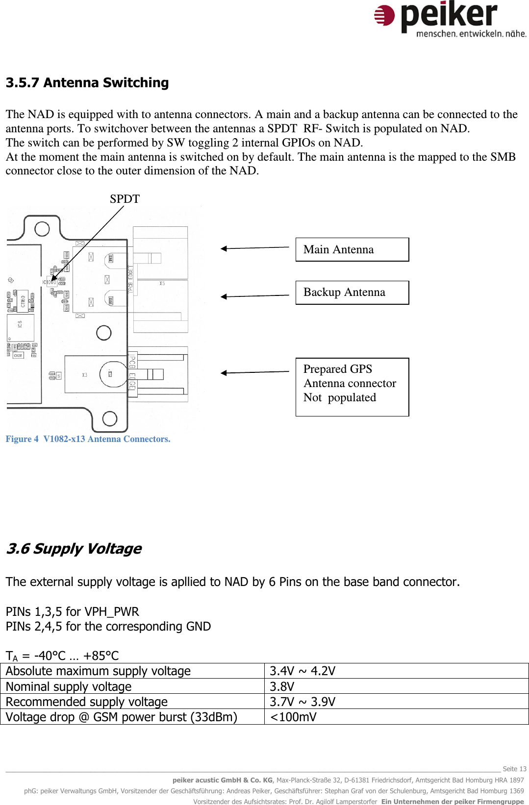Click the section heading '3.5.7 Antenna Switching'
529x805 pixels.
tap(87, 83)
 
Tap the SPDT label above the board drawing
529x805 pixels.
tap(125, 199)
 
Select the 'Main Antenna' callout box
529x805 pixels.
tap(352, 249)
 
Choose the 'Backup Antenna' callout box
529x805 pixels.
tap(352, 293)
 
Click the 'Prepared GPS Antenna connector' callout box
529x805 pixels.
tap(352, 387)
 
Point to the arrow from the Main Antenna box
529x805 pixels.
tap(254, 248)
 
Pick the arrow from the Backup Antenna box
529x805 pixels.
tap(254, 296)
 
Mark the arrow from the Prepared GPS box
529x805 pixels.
tap(254, 372)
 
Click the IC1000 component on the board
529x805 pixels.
tap(50, 282)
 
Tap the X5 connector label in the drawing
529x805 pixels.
tap(162, 284)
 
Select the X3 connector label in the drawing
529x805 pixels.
tap(85, 375)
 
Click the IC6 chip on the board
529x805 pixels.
tap(20, 325)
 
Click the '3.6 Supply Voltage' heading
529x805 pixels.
tap(74, 549)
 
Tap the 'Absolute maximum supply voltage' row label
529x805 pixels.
tap(98, 671)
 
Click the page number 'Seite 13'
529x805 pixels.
tap(514, 769)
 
